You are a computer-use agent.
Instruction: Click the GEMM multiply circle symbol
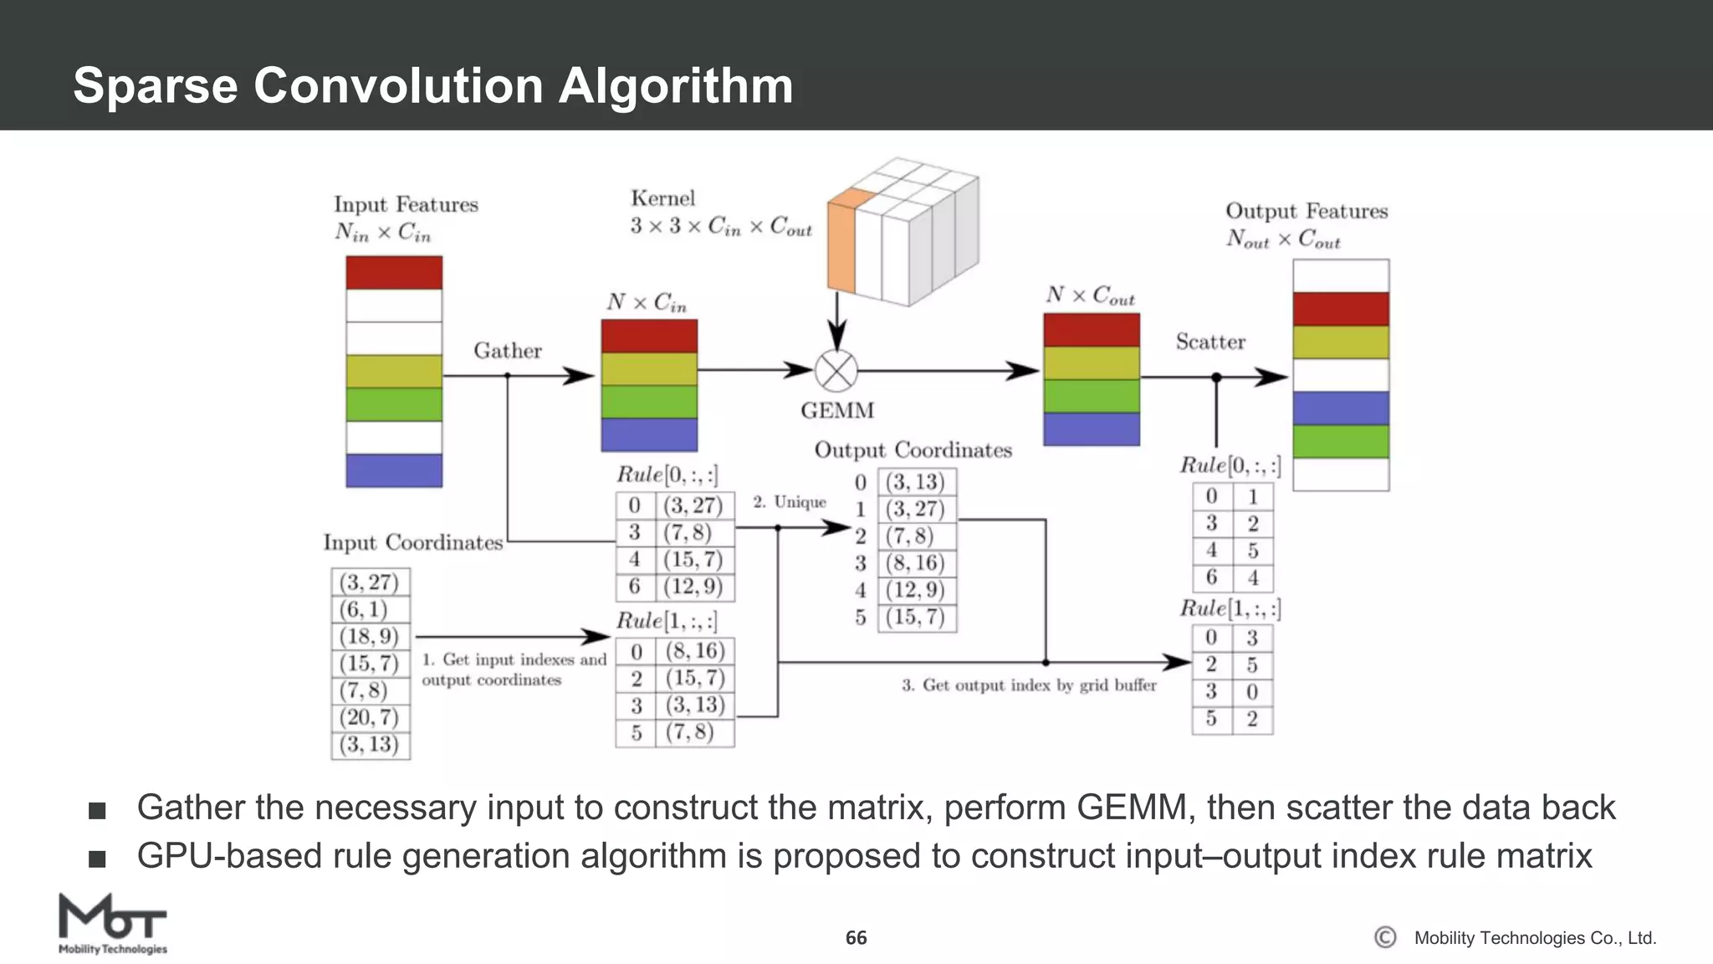836,371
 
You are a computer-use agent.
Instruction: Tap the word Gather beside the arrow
507,351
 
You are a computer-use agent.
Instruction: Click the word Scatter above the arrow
1209,341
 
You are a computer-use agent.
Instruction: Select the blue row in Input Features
394,470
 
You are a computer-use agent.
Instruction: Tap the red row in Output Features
1340,309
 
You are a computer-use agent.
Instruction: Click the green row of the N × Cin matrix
649,402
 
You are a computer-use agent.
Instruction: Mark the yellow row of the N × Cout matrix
1091,362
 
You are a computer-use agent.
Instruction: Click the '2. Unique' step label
789,502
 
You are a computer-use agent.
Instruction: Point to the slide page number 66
856,938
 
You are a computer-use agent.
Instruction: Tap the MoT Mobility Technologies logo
112,923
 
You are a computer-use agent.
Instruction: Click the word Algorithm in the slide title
675,85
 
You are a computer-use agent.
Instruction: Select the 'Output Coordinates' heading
913,450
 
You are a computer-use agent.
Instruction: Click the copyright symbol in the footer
1385,937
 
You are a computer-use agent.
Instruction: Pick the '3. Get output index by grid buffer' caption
1029,685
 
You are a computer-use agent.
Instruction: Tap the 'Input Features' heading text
406,205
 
